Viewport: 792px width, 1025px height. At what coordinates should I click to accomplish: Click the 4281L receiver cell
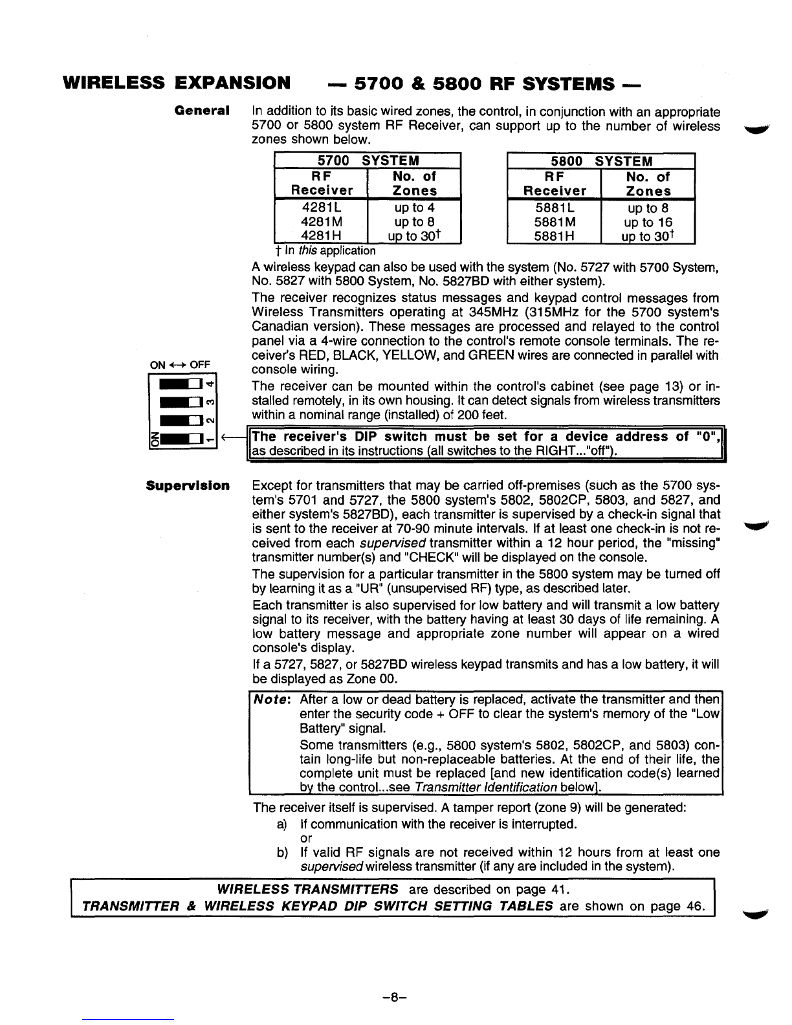321,208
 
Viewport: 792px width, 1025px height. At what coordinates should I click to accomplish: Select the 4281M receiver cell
321,222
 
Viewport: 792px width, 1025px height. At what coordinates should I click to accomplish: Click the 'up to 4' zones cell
414,208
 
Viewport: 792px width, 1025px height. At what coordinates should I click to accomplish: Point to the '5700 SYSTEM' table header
368,160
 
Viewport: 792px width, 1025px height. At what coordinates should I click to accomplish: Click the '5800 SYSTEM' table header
600,160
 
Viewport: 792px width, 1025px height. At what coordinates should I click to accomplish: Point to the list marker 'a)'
281,824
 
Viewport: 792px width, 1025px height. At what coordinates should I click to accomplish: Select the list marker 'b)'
281,853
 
